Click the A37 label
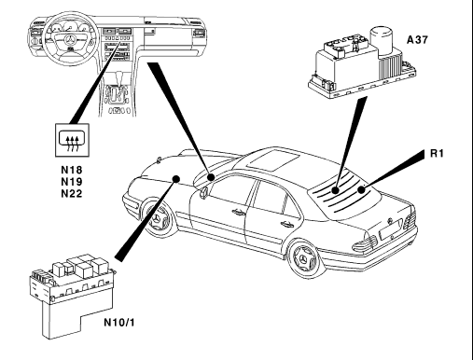pos(417,39)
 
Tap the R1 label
pos(437,153)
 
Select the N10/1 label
pos(119,323)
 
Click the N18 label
pos(72,170)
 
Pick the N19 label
pos(72,182)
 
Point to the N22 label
pos(72,193)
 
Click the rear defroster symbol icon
pos(72,140)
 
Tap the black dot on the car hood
pos(176,179)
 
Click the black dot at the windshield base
pos(211,177)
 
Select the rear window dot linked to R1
pos(361,189)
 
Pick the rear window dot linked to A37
pos(335,190)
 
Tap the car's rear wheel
pos(304,257)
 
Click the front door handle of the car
pos(239,212)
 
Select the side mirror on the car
pos(204,191)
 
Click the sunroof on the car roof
pos(273,160)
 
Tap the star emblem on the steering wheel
pos(70,40)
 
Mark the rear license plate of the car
pos(391,228)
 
